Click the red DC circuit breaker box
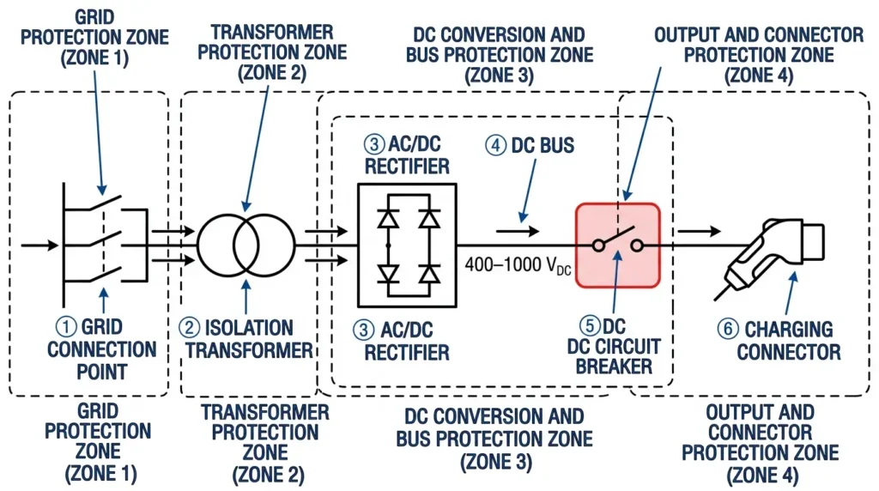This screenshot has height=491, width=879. (x=617, y=244)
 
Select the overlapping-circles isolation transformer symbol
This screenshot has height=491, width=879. (x=246, y=243)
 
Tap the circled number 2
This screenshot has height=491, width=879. (x=188, y=327)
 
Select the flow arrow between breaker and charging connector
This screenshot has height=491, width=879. (x=697, y=231)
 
